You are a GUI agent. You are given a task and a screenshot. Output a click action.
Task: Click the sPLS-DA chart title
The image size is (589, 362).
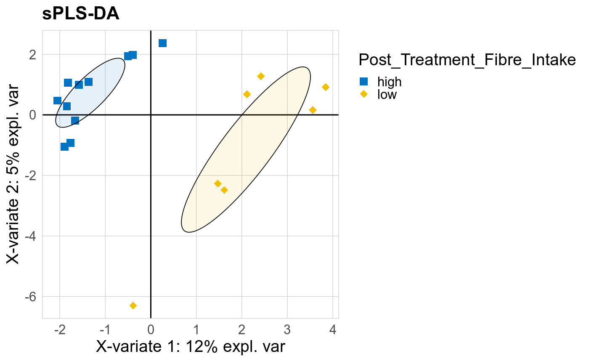tap(81, 14)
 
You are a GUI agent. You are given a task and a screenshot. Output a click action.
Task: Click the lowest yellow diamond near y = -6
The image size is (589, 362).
tap(133, 305)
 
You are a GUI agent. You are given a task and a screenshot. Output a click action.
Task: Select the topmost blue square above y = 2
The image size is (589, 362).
tap(162, 43)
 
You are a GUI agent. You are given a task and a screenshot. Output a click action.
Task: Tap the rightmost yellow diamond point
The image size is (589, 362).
tap(325, 87)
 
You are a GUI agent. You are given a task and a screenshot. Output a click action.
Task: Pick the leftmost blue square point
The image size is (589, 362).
tap(57, 101)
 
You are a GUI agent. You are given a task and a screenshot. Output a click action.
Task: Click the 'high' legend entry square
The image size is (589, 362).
tap(364, 82)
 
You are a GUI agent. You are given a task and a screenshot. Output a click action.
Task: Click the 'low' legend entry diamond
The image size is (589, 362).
tap(364, 94)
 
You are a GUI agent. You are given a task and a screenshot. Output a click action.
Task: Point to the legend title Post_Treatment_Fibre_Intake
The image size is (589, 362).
tap(467, 60)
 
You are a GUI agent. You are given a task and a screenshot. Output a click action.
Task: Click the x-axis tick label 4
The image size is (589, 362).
tap(333, 329)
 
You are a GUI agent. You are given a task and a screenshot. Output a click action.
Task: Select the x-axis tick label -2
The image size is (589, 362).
tap(59, 329)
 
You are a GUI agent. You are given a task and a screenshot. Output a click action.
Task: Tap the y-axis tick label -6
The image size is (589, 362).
tap(31, 296)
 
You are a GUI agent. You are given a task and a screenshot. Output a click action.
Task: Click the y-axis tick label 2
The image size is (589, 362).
tap(33, 54)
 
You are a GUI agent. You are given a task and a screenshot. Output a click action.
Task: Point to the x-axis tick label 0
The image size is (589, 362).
tap(151, 329)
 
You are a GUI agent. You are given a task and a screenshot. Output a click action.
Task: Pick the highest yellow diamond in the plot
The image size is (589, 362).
tap(260, 76)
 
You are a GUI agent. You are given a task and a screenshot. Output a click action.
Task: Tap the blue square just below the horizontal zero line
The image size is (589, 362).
tap(75, 121)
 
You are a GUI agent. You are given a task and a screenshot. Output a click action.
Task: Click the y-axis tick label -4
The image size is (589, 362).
tap(31, 236)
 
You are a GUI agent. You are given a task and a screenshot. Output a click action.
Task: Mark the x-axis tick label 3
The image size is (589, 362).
tap(287, 329)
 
